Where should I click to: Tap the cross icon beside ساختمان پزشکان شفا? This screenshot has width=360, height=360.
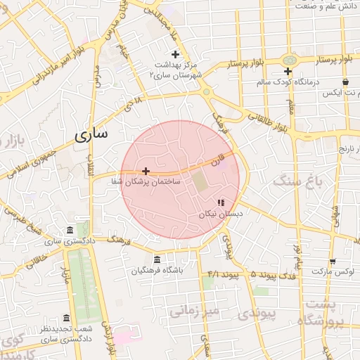146,171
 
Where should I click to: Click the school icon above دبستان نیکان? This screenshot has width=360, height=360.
221,202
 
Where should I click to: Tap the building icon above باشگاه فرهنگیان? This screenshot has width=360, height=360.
156,259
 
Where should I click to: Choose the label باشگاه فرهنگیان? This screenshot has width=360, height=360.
156,271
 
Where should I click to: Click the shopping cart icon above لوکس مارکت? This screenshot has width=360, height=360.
333,261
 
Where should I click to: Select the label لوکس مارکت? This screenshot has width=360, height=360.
333,271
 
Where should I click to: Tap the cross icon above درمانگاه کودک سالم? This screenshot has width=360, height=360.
288,72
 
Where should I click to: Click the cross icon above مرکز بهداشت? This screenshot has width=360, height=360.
175,54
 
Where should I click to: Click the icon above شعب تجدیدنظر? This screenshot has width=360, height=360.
67,318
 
